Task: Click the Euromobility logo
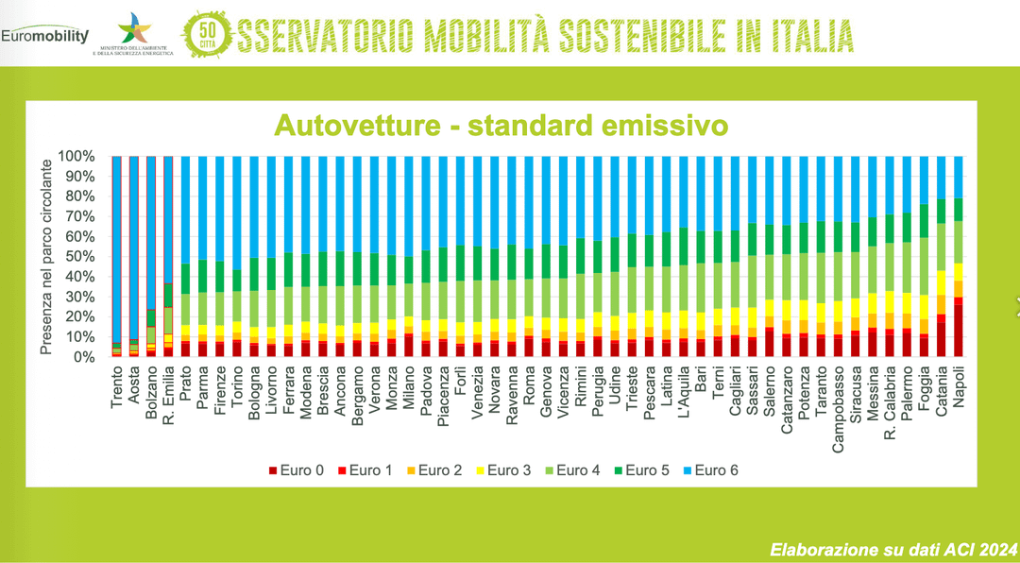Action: click(44, 36)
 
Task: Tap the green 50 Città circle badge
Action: click(206, 34)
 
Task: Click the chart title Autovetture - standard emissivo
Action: click(501, 126)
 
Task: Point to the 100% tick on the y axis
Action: click(76, 156)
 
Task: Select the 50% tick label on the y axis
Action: click(78, 257)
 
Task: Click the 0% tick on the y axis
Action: click(82, 358)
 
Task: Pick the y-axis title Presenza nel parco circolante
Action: click(45, 257)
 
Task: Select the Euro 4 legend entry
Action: click(588, 469)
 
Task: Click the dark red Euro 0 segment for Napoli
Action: click(958, 331)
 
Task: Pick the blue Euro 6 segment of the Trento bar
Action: click(117, 246)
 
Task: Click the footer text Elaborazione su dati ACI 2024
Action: click(892, 548)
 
